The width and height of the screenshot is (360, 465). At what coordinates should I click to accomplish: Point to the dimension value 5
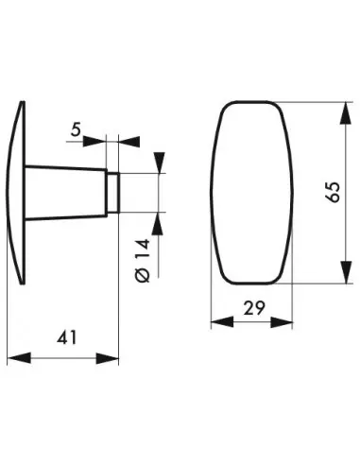(x=75, y=130)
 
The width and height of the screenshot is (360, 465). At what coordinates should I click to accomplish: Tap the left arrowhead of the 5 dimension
(x=99, y=142)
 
